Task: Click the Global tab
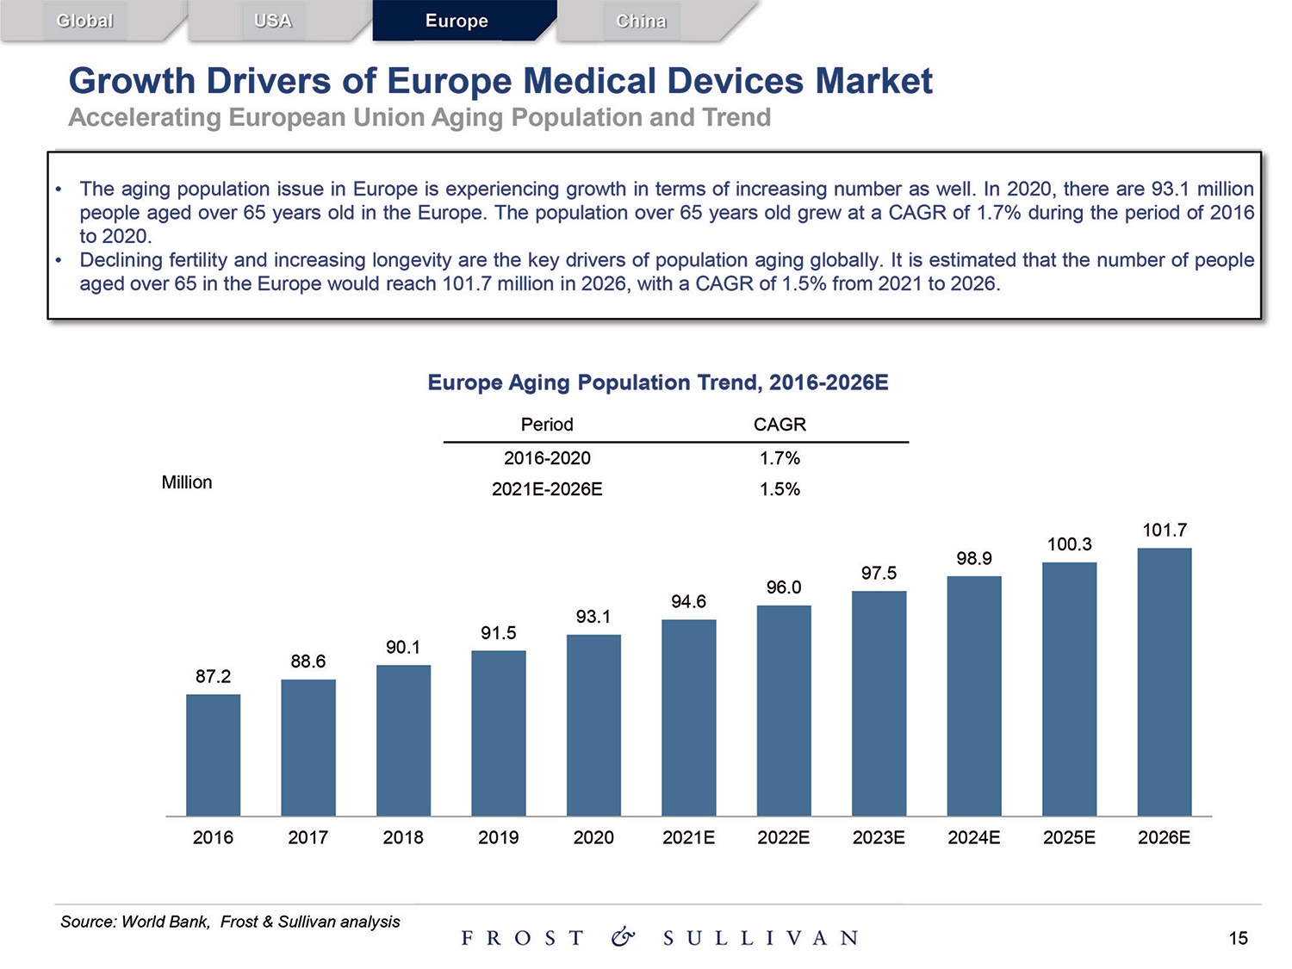(x=84, y=21)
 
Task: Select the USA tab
(x=273, y=21)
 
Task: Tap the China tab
(x=641, y=21)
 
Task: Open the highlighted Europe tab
(x=457, y=21)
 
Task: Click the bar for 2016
(x=213, y=755)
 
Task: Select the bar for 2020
(x=593, y=724)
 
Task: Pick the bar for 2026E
(x=1164, y=681)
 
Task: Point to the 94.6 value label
(x=688, y=601)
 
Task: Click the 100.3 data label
(x=1069, y=544)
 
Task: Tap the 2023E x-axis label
(x=879, y=837)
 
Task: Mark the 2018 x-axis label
(x=403, y=837)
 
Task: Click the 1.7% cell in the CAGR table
(x=780, y=458)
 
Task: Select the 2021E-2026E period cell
(x=547, y=489)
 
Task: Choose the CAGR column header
(x=780, y=425)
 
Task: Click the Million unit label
(x=187, y=482)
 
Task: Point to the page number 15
(x=1238, y=938)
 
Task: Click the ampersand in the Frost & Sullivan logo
(x=623, y=937)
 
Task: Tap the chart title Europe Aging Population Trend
(x=658, y=382)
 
